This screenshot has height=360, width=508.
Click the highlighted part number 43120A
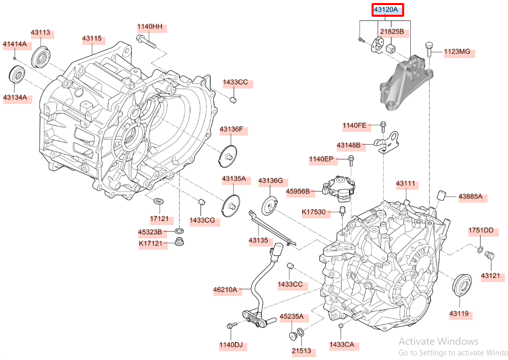(x=388, y=10)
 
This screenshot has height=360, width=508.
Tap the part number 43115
(x=92, y=38)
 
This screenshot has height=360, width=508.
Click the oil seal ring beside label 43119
(x=462, y=284)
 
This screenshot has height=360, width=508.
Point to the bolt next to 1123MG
(x=429, y=49)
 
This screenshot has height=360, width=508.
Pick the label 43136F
(x=231, y=129)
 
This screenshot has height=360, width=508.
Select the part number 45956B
(x=298, y=191)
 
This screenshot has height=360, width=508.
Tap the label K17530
(x=313, y=211)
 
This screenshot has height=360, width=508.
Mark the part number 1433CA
(x=342, y=345)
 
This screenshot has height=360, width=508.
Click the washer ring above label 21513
(x=301, y=333)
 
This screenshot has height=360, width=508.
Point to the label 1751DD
(x=481, y=231)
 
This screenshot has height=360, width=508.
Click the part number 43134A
(x=15, y=97)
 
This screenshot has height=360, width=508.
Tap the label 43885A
(x=470, y=197)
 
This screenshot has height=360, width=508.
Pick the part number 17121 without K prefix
(x=159, y=218)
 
